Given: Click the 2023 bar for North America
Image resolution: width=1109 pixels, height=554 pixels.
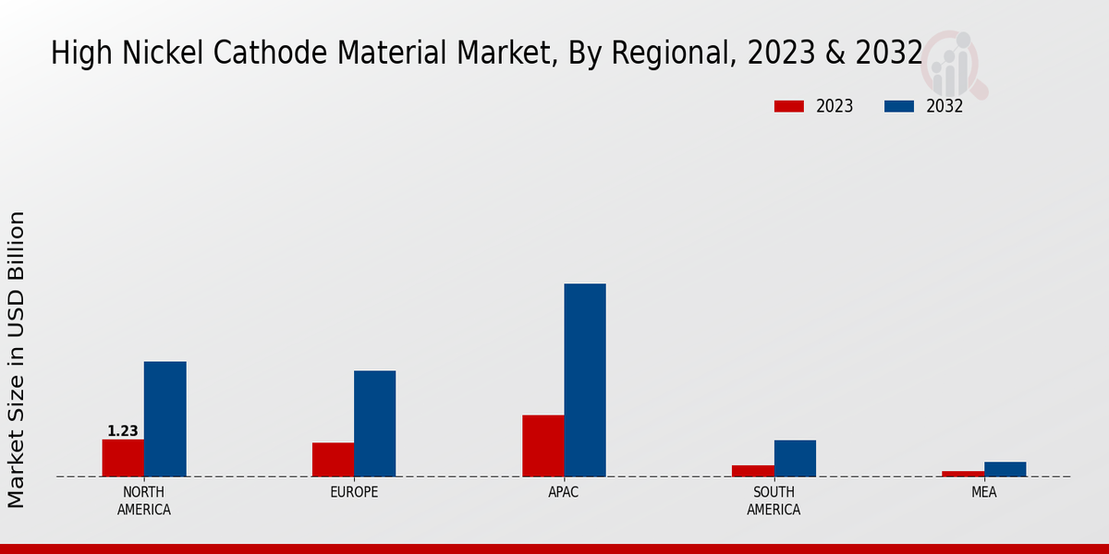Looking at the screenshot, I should pos(123,458).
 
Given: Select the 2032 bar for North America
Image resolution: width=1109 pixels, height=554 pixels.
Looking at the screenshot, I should pos(165,419).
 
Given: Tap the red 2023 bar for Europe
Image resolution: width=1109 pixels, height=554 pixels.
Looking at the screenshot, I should pos(333,460).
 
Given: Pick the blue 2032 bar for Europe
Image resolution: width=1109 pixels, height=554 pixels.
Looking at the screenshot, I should pos(374,424).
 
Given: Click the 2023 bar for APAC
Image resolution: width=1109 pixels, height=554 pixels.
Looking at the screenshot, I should pos(542,446).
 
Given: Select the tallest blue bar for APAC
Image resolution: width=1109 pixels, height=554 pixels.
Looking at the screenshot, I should pos(585,380).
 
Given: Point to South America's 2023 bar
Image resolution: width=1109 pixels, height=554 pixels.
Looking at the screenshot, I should pos(752,471).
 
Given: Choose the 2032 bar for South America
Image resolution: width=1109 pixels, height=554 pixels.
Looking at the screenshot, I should pos(795,459).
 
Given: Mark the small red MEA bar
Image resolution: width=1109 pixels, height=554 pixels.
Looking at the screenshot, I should pos(963,474).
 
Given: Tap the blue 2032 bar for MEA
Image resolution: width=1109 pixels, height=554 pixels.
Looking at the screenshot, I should pos(1005,469).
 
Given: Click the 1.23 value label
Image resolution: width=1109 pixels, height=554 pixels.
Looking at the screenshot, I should pos(123,431).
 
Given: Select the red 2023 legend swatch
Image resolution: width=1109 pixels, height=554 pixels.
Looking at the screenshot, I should pos(789,106).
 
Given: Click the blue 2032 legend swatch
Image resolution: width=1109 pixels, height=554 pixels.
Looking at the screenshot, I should pos(898,106).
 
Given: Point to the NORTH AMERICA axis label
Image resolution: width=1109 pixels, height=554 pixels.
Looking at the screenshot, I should pos(144,500).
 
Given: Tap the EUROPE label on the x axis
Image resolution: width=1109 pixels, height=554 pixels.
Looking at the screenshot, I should pos(354,492).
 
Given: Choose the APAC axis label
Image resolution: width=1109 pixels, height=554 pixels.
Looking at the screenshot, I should pos(564,492).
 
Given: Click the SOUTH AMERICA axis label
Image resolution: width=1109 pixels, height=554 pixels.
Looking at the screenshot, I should pos(774,500).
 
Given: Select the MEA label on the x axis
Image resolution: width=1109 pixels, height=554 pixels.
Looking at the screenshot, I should pos(983,492).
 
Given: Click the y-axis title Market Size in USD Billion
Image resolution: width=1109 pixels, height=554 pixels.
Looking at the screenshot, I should pos(17,360).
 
